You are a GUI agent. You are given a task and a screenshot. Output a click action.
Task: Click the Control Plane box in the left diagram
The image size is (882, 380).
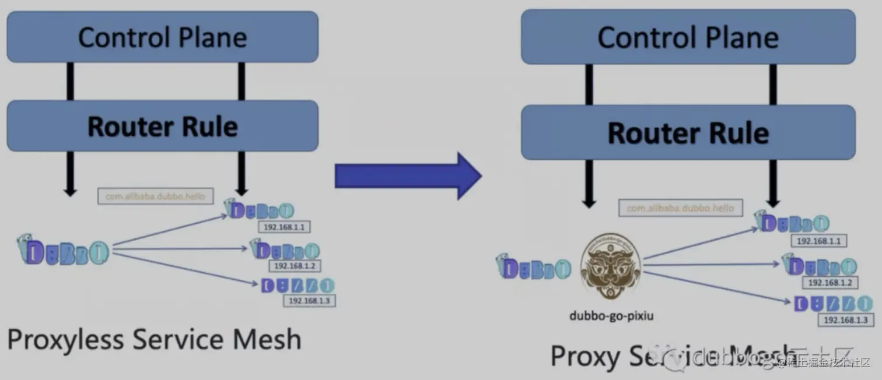point(162,37)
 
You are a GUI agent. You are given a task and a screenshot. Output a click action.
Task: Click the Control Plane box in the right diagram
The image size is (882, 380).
point(688,37)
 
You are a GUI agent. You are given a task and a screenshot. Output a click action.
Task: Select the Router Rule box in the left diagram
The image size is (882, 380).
point(162,126)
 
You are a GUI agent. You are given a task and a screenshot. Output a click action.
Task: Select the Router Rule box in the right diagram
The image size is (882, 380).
point(688,132)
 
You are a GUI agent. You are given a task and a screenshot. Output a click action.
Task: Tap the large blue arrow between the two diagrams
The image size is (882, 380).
point(408,175)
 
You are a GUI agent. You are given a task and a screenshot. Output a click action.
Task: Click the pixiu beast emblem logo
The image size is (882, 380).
point(610,268)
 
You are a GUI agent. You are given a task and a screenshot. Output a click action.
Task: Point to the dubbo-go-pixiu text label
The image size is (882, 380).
point(611,316)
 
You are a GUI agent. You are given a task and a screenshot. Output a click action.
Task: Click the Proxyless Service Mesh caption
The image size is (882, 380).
point(154,339)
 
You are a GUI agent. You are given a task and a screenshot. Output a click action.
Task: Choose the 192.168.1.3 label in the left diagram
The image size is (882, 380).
point(309,301)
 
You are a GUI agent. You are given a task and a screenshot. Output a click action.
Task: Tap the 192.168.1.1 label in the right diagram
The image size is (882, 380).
point(818,241)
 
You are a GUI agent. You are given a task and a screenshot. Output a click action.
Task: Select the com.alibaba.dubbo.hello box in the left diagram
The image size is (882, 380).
point(155,196)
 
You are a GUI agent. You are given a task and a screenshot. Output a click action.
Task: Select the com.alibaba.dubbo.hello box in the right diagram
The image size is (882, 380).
point(680,208)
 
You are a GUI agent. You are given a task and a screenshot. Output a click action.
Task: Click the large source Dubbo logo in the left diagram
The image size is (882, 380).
point(63,251)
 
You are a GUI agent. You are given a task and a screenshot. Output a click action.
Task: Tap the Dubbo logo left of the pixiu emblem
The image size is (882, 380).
point(533,267)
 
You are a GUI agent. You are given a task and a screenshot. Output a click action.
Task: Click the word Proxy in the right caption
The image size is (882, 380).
point(585,356)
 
